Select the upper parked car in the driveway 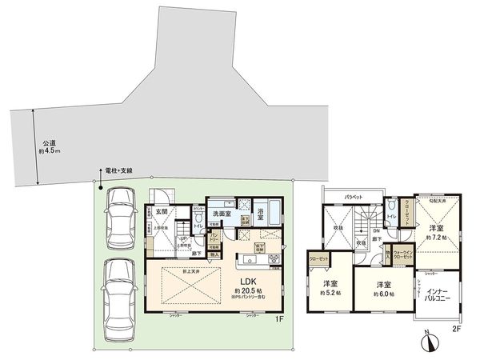(x=121, y=218)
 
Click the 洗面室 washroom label (x=222, y=214)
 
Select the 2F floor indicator (x=456, y=329)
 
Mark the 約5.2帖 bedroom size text (x=330, y=293)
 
